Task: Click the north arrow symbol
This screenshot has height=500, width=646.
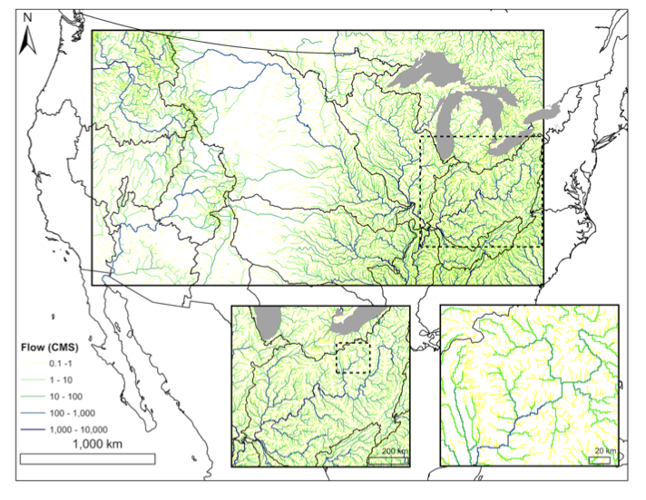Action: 28,37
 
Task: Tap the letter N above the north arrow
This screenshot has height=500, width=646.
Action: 28,17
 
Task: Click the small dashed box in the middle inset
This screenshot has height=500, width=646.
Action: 355,357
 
